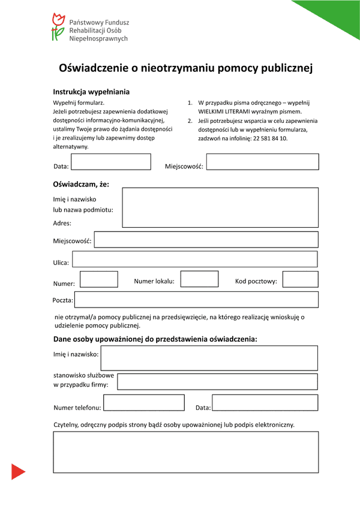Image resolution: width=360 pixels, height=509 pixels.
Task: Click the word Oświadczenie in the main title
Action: [95, 68]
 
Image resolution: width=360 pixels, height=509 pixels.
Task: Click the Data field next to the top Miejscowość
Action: [111, 162]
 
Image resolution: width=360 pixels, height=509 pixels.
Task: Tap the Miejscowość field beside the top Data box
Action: [263, 162]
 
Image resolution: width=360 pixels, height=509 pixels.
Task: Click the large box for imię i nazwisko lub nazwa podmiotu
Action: [220, 207]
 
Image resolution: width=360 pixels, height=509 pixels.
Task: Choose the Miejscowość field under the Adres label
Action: [206, 240]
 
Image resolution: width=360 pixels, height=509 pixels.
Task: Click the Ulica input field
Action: [195, 260]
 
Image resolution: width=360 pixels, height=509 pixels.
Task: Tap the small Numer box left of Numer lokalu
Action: [98, 279]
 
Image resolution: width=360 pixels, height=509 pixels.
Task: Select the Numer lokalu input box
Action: [199, 279]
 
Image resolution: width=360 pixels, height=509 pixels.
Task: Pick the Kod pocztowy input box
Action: [300, 279]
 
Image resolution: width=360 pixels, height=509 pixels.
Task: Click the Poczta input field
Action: [196, 299]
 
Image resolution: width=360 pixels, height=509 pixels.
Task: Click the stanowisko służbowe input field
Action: [217, 381]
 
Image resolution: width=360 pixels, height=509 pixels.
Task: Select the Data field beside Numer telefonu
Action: [265, 403]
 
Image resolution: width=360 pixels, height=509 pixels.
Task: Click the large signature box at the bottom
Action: [186, 453]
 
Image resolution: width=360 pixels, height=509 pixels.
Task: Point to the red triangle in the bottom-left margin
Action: [17, 472]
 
